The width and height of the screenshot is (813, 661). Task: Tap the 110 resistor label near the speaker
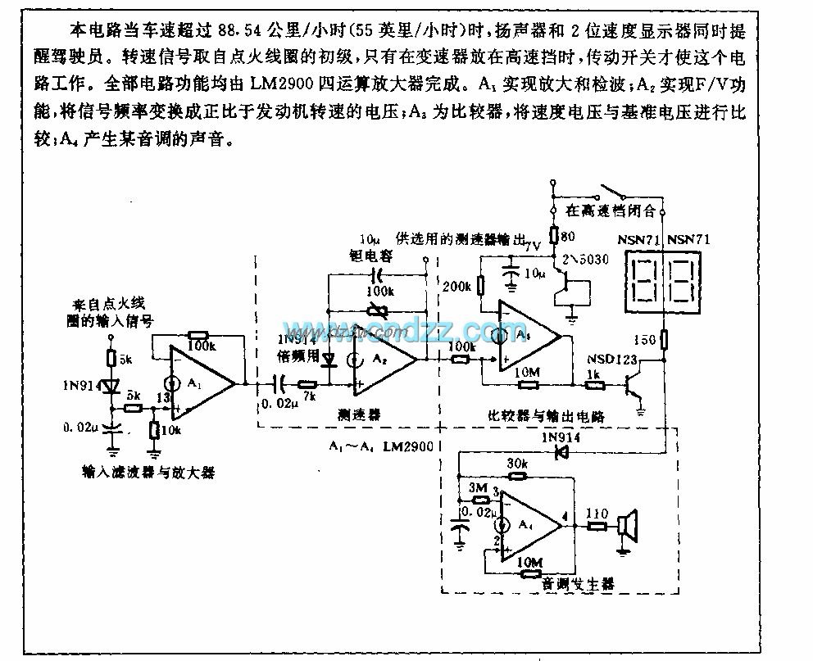pyautogui.click(x=596, y=514)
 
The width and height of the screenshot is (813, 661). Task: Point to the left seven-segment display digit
pyautogui.click(x=643, y=280)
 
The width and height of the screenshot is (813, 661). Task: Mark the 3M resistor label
pyautogui.click(x=477, y=490)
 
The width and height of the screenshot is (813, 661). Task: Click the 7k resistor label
pyautogui.click(x=308, y=397)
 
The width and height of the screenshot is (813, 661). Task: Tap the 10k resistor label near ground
pyautogui.click(x=173, y=431)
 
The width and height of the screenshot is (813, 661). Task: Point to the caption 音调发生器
pyautogui.click(x=578, y=584)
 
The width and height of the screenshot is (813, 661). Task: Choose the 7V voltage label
pyautogui.click(x=533, y=245)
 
